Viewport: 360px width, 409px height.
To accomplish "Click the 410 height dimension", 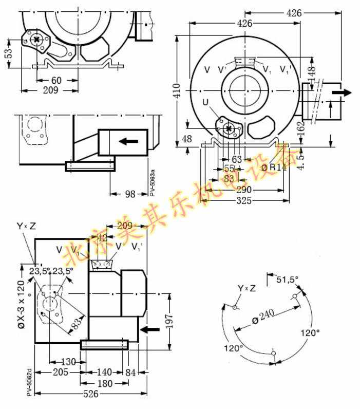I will (176, 90).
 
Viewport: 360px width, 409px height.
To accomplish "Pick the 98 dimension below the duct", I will (129, 194).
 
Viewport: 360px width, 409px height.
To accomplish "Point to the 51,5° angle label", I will (288, 280).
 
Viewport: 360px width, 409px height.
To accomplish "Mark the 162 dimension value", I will (301, 125).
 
